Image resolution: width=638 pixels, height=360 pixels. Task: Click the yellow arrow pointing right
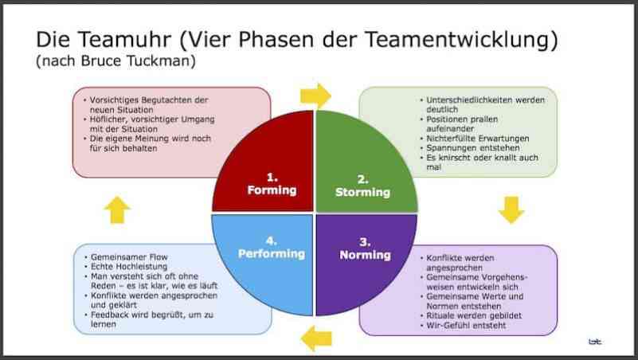tap(315, 96)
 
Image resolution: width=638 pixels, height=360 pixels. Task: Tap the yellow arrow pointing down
tap(511, 210)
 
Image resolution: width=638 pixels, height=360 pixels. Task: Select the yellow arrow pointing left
tap(316, 338)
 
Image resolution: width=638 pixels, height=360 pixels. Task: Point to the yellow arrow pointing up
tap(117, 210)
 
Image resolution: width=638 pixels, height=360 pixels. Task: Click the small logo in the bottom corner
tap(595, 342)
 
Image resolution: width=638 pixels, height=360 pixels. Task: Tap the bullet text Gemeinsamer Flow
tap(129, 257)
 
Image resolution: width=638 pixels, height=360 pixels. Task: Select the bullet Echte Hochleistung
tap(129, 267)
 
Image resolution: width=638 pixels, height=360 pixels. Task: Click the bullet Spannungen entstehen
tap(473, 148)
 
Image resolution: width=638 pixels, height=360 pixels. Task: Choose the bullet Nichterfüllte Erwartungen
tap(478, 139)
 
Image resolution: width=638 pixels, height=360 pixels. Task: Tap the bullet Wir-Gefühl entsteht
tap(466, 326)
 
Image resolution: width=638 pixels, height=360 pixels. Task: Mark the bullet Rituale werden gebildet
tap(474, 315)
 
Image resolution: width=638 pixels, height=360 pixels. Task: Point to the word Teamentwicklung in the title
tap(461, 40)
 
